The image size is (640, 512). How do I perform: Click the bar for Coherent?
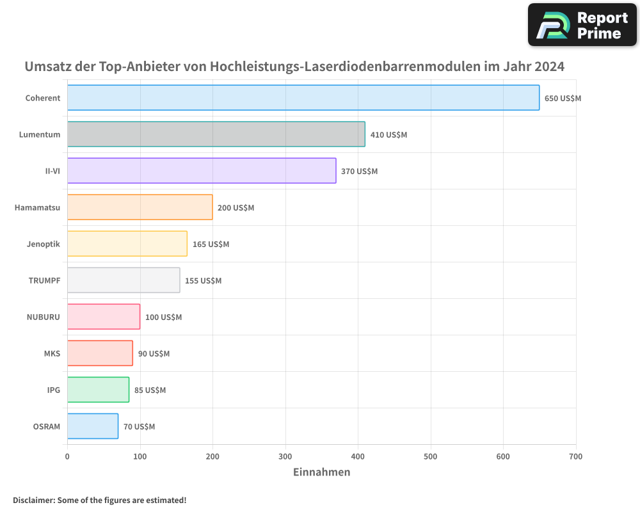(x=303, y=98)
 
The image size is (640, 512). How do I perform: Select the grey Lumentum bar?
(x=216, y=134)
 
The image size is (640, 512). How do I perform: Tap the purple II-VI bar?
(x=202, y=171)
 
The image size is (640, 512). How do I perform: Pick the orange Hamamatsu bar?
(x=140, y=207)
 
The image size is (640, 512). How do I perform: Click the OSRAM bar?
(x=93, y=426)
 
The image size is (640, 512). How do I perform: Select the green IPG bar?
(x=98, y=390)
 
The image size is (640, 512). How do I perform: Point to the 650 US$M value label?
(x=563, y=99)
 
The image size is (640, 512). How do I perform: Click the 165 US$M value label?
(x=211, y=244)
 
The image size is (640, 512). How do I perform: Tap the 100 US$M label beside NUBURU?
(x=163, y=317)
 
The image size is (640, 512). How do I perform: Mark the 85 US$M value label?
(x=150, y=390)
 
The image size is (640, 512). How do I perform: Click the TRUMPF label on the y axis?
(x=44, y=280)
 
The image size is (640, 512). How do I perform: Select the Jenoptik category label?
(x=44, y=244)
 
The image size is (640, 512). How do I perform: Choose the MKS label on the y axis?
(x=52, y=353)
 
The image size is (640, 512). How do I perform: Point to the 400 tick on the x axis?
(x=358, y=456)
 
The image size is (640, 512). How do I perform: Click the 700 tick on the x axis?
(x=575, y=456)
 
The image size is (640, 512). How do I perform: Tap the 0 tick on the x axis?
(x=67, y=456)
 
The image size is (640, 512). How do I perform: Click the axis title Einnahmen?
(x=321, y=472)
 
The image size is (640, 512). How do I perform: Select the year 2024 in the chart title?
(x=549, y=67)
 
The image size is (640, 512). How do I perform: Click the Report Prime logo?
(x=582, y=25)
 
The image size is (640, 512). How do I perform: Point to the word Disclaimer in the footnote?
(x=33, y=500)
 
